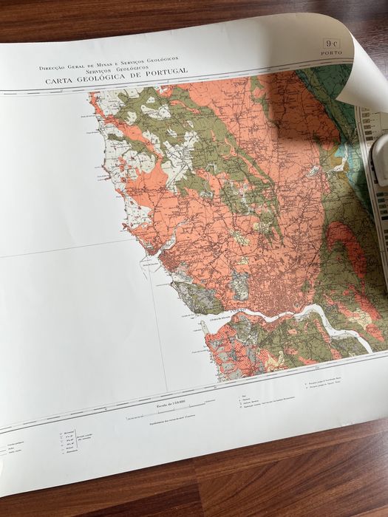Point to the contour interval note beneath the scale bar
(169, 421)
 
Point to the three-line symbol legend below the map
(248, 403)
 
